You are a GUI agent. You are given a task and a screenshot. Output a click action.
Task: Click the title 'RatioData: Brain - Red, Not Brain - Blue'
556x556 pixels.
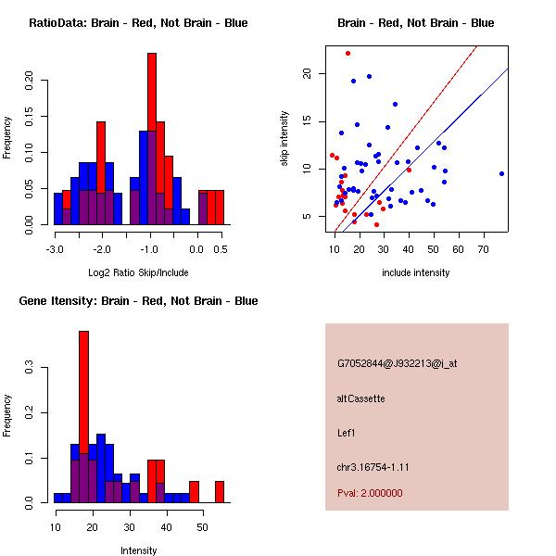[138, 23]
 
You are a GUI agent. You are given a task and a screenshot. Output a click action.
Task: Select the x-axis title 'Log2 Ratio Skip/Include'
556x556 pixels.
[138, 272]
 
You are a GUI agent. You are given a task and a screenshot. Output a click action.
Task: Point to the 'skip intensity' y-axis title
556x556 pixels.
[284, 139]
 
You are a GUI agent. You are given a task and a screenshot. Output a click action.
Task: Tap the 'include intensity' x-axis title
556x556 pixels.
[416, 272]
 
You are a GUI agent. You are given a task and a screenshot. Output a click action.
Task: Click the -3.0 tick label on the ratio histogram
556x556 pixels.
[55, 249]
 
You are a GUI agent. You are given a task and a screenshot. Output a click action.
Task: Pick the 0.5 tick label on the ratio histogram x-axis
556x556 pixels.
[221, 249]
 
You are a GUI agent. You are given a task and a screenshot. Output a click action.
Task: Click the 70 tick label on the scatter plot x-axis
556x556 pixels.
[483, 249]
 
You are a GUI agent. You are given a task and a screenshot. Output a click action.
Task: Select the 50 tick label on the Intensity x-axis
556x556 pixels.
[204, 526]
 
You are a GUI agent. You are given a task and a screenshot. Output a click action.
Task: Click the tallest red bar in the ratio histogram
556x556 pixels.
[152, 139]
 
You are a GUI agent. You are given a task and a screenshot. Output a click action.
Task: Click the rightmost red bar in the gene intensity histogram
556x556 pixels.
[220, 491]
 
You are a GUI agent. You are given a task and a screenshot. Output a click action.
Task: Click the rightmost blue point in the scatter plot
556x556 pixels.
[501, 173]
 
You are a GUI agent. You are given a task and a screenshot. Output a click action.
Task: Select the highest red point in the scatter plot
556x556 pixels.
[347, 53]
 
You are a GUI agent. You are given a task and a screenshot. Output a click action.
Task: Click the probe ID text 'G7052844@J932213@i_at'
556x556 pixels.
[398, 363]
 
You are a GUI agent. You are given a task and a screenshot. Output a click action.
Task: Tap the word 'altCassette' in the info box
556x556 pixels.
[361, 398]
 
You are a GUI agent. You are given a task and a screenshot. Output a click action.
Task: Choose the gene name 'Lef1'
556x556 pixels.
[347, 432]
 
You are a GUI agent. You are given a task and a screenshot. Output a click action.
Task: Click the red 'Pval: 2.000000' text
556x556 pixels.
[370, 493]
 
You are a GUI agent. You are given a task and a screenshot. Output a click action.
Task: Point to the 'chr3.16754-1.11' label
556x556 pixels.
[373, 466]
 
